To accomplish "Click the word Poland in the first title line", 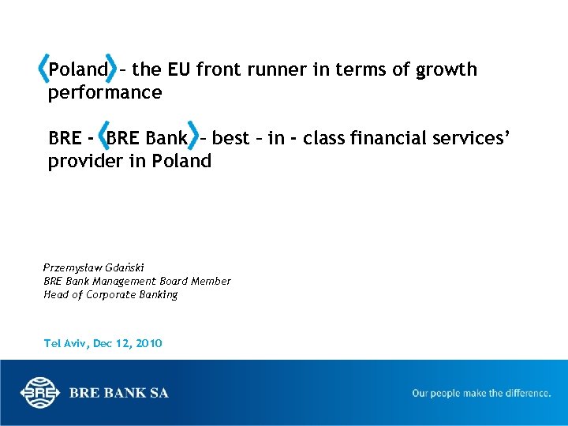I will pos(77,70).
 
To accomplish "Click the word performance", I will pos(105,93).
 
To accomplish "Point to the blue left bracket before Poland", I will pos(43,69).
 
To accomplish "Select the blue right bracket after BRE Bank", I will pos(195,138).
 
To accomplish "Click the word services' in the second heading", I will pos(480,139).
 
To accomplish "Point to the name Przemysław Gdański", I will pos(94,267).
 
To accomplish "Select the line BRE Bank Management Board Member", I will pos(137,281).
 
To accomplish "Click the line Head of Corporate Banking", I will pos(110,294).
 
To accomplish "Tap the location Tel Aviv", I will pos(66,343).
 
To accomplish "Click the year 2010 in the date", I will pos(149,343).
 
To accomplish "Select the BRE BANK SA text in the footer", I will pos(118,393).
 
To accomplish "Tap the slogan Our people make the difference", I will pos(481,393).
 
